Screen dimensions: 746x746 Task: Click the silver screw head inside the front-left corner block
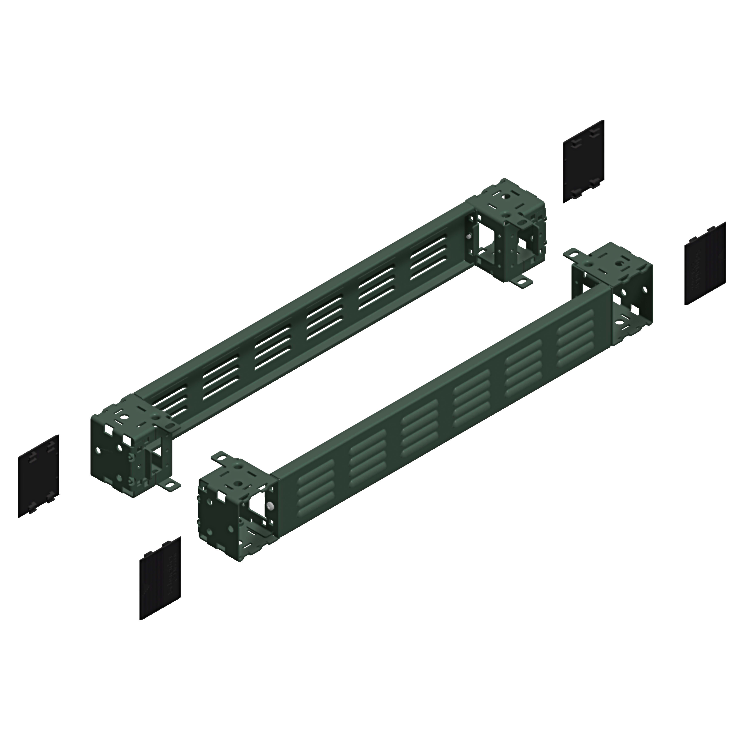pyautogui.click(x=269, y=506)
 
